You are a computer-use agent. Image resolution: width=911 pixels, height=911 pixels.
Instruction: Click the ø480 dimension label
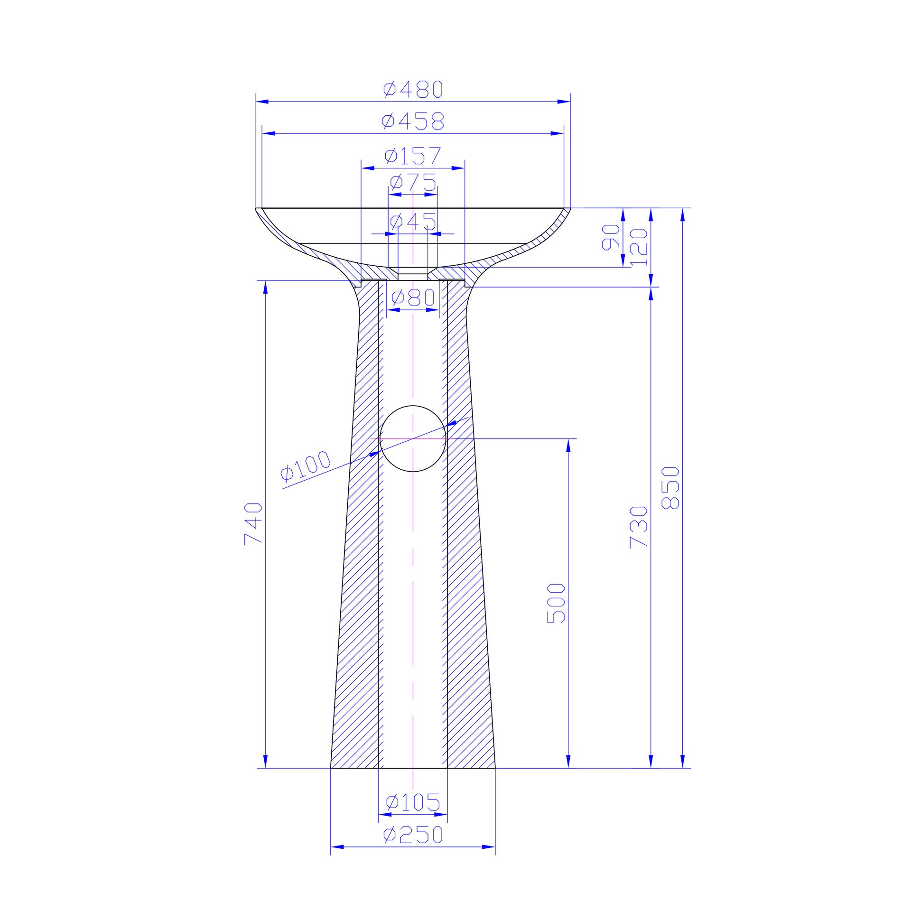tap(413, 89)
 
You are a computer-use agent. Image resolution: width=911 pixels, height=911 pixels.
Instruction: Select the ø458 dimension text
tap(413, 121)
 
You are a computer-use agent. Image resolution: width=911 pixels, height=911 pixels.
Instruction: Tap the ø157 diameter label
tap(413, 156)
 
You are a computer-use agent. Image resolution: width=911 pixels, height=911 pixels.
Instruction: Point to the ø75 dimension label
tap(413, 183)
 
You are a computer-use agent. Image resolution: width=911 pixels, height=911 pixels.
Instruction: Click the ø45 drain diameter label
tap(413, 222)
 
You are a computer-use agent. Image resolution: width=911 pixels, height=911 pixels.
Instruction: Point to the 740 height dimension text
tap(253, 524)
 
